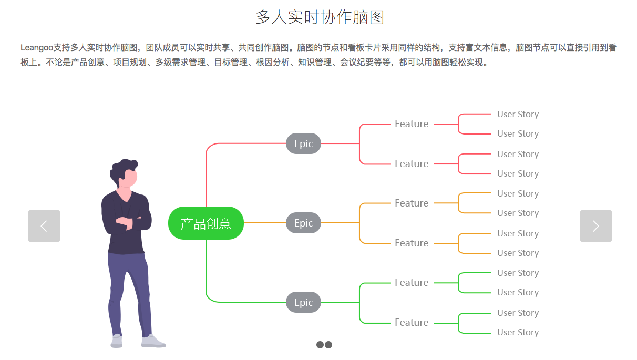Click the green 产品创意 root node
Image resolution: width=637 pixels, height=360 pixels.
click(206, 223)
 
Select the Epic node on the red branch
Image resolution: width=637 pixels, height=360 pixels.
click(303, 143)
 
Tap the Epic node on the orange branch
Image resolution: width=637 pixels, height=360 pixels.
click(303, 223)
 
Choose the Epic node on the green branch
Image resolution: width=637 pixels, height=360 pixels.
click(303, 302)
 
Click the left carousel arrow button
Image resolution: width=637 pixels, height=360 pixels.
click(44, 226)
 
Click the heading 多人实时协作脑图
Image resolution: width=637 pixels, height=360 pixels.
click(320, 17)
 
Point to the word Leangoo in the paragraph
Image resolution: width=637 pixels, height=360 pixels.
click(37, 48)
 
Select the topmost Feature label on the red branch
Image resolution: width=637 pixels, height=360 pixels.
click(412, 124)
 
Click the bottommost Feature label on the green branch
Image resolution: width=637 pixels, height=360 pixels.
click(412, 323)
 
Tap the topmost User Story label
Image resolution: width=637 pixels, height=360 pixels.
click(518, 114)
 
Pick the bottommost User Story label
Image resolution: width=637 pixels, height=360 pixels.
click(518, 332)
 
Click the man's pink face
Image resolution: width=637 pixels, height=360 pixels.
click(129, 177)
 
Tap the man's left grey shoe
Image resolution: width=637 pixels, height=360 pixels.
click(117, 342)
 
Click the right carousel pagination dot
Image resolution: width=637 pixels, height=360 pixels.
click(328, 345)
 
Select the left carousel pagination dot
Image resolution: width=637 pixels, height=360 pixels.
click(320, 345)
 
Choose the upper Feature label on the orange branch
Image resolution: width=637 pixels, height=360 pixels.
click(412, 203)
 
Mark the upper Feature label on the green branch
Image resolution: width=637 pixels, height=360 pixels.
click(412, 283)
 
